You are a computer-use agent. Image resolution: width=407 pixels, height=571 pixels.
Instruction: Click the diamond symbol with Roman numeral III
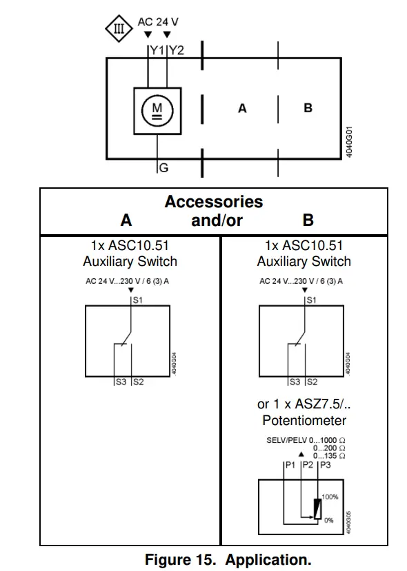[119, 29]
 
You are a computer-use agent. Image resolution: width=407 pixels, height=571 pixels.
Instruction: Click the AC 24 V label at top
[158, 22]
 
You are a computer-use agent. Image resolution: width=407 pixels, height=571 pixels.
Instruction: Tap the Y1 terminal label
[158, 50]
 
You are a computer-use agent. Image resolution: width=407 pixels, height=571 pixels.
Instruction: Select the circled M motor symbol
[157, 110]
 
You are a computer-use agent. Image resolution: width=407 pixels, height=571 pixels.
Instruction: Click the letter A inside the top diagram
[241, 108]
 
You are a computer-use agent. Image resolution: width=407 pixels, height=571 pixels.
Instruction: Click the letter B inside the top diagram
[308, 108]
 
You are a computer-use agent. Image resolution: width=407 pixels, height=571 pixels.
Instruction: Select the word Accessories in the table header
[213, 202]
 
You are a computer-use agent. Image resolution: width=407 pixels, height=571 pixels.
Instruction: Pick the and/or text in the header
[217, 220]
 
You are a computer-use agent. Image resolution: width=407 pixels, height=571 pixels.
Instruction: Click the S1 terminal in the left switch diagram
[137, 300]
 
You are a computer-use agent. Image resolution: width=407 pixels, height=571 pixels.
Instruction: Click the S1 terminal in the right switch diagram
[311, 300]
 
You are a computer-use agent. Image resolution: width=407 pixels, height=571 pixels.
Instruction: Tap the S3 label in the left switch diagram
[121, 381]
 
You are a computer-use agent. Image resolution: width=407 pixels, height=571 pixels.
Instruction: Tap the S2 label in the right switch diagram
[312, 381]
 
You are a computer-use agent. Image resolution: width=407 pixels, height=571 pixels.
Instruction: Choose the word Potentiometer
[304, 420]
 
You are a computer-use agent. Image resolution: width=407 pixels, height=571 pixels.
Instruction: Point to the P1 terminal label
[290, 465]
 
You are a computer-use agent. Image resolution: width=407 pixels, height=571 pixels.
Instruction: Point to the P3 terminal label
[325, 465]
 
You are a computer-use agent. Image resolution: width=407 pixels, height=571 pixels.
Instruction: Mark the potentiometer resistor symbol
[317, 508]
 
